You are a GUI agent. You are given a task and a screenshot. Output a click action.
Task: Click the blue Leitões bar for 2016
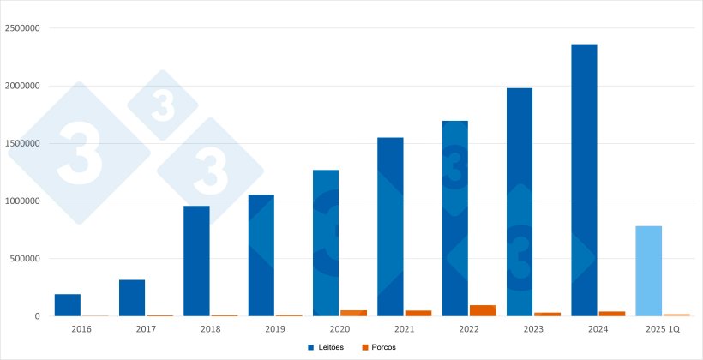pos(68,305)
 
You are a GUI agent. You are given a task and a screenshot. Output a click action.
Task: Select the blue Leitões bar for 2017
pos(132,297)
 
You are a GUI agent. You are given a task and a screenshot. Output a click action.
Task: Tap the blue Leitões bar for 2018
pos(196,261)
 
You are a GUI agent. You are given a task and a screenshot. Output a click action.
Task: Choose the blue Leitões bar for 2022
pos(455,219)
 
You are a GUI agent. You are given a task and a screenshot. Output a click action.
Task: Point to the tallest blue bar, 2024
pos(584,180)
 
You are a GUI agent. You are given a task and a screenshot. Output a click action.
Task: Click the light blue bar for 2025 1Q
pos(649,271)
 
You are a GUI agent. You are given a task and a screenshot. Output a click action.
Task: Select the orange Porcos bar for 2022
pos(483,310)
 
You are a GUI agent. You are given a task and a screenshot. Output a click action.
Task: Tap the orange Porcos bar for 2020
pos(353,313)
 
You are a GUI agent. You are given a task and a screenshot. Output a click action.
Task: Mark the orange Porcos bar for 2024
pos(612,314)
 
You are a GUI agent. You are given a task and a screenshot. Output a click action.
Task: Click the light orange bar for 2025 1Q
pos(676,315)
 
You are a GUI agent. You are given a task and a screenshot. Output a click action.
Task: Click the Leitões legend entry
pos(327,347)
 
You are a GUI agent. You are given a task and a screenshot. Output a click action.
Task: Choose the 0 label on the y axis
pos(37,316)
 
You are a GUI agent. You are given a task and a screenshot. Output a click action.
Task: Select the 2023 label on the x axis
pos(533,328)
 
